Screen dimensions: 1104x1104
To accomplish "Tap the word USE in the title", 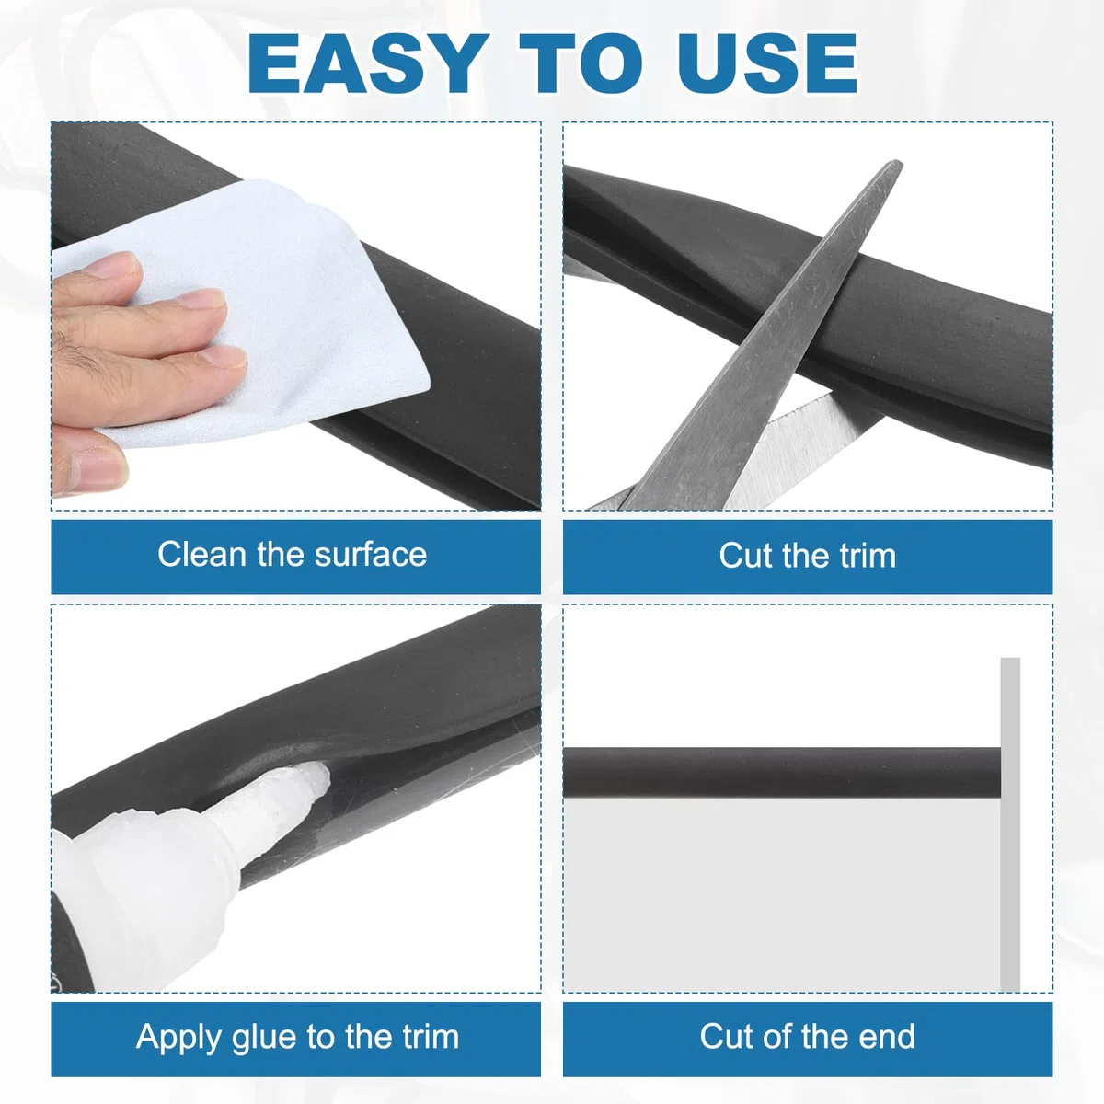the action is [x=767, y=63].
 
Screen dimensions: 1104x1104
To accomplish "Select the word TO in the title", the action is [x=581, y=63].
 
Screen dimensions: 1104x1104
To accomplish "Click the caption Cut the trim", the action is [x=807, y=556].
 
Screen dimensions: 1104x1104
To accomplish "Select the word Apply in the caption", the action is [x=178, y=1038].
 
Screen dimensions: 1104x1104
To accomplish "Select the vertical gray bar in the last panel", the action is [x=1010, y=825].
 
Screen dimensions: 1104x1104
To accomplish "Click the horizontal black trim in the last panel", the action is [x=782, y=773].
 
